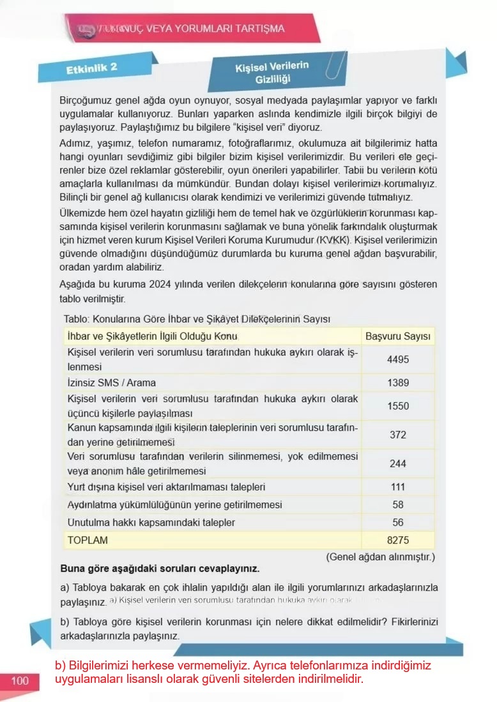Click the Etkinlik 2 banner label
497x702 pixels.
coord(91,68)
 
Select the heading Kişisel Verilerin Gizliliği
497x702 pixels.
coord(272,72)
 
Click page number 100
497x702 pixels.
coord(20,681)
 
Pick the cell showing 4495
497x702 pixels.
coord(398,359)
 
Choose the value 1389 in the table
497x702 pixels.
coord(398,383)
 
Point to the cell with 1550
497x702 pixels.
coord(398,406)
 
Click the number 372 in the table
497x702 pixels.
coord(398,435)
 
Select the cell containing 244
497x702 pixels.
coord(398,464)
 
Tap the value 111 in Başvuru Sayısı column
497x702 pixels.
coord(398,487)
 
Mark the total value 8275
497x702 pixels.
coord(398,540)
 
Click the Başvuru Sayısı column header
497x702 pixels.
coord(398,336)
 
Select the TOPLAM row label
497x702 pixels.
coord(88,540)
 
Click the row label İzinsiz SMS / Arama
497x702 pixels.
coord(112,383)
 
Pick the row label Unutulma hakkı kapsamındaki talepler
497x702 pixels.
coord(151,522)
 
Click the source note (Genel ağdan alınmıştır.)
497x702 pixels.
coord(381,556)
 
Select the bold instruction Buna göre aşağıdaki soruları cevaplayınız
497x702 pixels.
coord(160,568)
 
